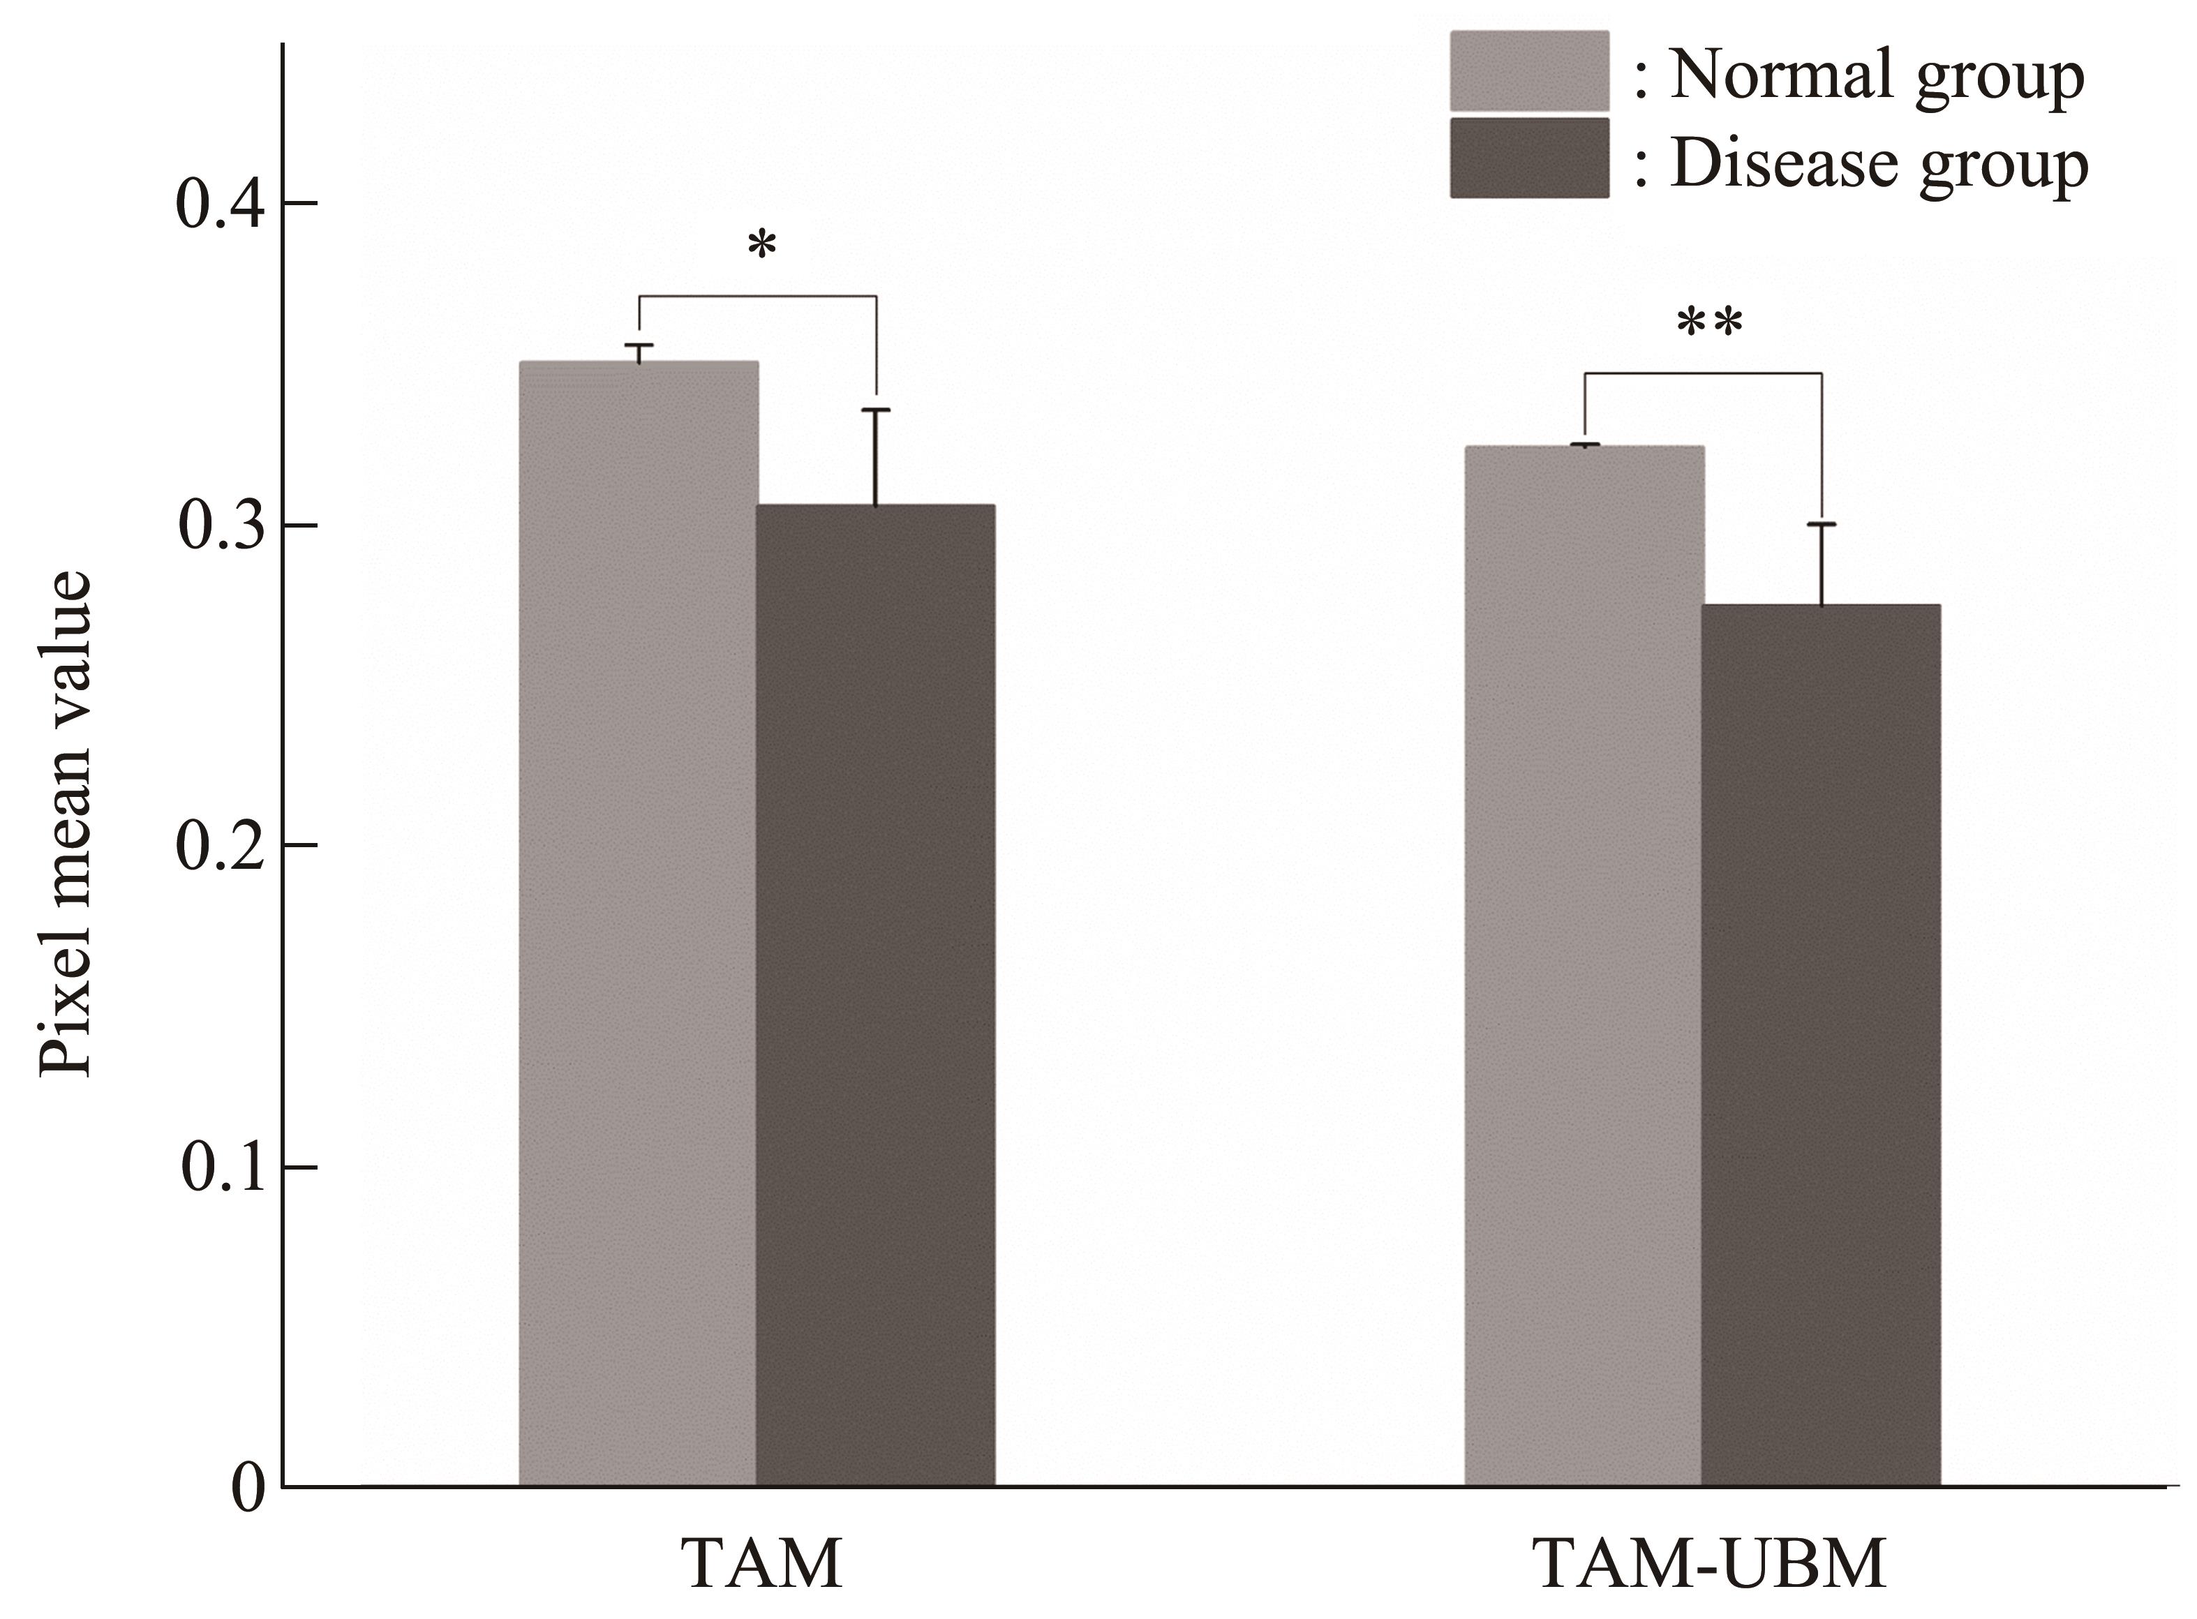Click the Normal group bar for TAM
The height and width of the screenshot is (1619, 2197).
tap(638, 921)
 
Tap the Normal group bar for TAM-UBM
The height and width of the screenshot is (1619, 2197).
tap(1584, 965)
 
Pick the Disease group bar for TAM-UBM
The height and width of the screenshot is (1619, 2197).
tap(1821, 1044)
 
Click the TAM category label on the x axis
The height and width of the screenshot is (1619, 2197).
tap(761, 1563)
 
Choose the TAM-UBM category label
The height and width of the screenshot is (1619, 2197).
tap(1708, 1563)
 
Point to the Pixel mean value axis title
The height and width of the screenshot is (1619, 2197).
tap(66, 823)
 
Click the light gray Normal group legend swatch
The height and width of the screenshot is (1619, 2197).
tap(1528, 70)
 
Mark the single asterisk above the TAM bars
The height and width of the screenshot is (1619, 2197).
tap(761, 245)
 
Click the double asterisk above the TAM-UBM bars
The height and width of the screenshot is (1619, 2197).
tap(1710, 322)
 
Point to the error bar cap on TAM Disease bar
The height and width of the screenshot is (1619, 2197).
tap(875, 410)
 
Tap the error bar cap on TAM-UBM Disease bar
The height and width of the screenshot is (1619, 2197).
tap(1822, 524)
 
